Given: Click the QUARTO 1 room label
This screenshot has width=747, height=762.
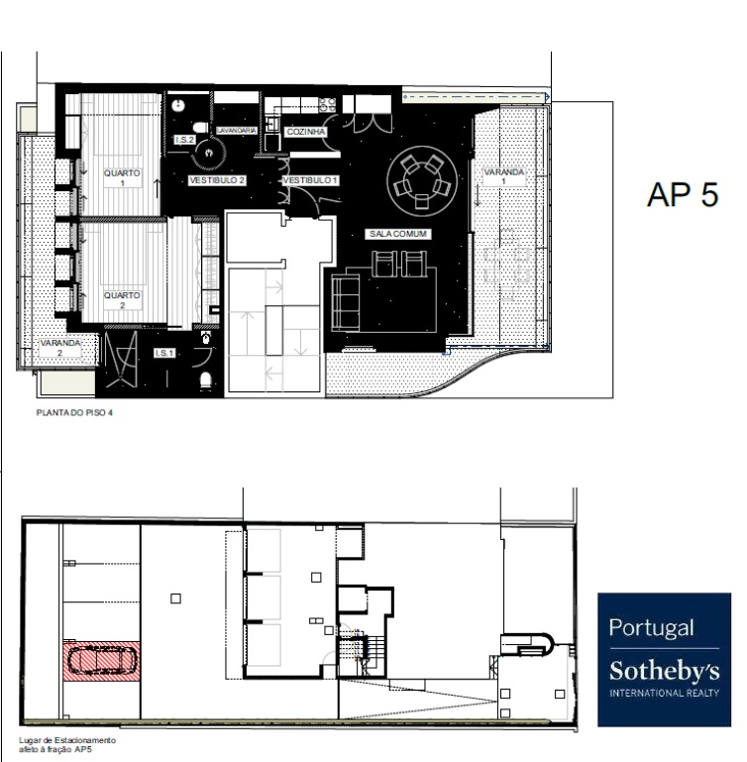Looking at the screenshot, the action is pos(122,177).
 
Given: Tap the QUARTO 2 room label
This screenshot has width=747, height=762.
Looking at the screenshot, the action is pos(122,300).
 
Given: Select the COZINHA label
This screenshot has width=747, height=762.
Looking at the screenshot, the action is pos(306,132).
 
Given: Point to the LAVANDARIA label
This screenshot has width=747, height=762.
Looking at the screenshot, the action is pos(237,130).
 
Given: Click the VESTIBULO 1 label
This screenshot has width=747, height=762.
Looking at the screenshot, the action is pos(310,180).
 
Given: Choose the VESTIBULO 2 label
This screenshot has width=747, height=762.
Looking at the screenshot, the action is pos(217,180).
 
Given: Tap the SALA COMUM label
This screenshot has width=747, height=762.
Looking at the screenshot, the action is pos(398,234).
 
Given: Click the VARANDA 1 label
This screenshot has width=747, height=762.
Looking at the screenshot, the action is pos(504,176).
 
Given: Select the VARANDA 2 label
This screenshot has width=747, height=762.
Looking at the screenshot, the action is pos(59,348).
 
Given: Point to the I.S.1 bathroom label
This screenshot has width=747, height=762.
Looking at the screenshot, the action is pos(164,353).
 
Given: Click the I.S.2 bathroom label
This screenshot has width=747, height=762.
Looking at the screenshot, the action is pos(184,140).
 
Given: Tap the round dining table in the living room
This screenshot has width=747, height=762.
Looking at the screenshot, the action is pos(422,180).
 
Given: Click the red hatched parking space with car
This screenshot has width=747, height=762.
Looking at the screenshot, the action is pos(102,661).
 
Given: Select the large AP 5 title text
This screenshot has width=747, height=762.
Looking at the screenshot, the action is pos(683,195).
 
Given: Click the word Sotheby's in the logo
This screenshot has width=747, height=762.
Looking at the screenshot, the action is pos(665,671).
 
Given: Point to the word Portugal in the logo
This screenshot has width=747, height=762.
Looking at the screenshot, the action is pos(651,628).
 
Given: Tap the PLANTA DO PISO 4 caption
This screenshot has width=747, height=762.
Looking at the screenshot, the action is pos(74,412).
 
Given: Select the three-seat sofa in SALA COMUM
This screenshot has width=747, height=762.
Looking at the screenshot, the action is pos(346,302).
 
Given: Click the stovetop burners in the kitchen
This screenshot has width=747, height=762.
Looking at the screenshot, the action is pos(328,104).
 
